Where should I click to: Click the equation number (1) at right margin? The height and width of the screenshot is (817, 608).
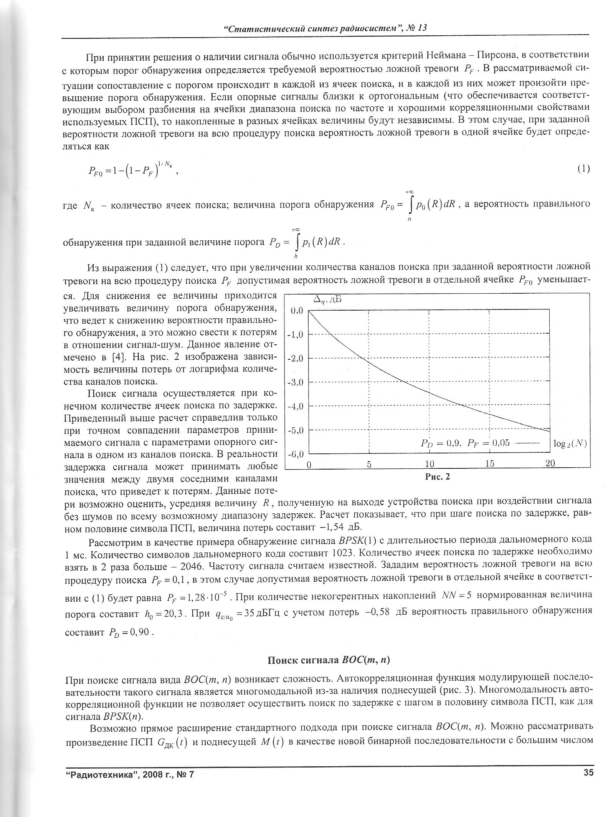tap(583, 169)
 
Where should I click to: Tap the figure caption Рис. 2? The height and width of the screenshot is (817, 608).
tap(437, 477)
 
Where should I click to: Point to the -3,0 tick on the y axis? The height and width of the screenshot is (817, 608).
tap(297, 382)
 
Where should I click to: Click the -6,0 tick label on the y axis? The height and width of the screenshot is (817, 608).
tap(297, 454)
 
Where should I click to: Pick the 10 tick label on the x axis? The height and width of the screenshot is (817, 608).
tap(429, 464)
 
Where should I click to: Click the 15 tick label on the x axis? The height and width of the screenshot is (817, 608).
tap(489, 464)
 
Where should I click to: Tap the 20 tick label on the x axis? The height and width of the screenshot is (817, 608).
tap(550, 464)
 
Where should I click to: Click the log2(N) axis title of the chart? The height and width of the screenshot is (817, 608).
tap(570, 443)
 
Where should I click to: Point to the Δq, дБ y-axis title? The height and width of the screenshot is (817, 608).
tap(327, 300)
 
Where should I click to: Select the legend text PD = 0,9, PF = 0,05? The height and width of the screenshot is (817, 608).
tap(465, 443)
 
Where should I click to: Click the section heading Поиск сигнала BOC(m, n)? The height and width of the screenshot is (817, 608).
tap(328, 660)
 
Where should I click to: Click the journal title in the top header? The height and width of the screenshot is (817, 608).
tap(325, 28)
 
